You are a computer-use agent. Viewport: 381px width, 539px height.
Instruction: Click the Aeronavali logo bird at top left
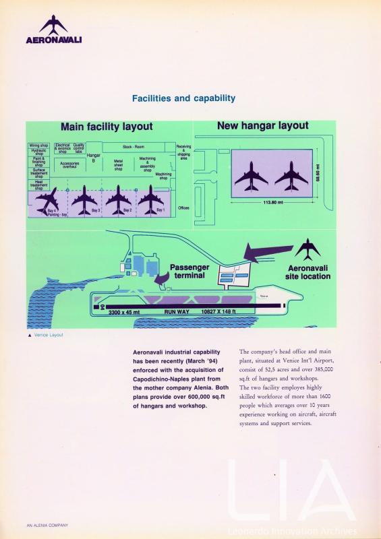(53, 25)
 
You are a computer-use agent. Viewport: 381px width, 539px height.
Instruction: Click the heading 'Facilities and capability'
(183, 98)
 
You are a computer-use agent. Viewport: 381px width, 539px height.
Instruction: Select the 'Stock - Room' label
(134, 146)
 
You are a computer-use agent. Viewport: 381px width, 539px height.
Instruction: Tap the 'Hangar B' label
(92, 158)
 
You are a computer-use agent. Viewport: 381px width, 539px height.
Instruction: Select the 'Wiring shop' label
(38, 146)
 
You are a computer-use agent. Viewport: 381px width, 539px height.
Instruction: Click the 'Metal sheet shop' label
(118, 165)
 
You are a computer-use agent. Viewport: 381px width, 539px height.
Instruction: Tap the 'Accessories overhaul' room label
(69, 164)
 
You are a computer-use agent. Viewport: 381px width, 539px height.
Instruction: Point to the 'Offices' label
(183, 208)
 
